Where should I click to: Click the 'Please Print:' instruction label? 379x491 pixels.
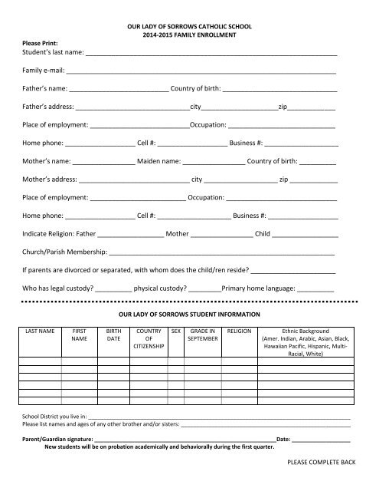click(39, 43)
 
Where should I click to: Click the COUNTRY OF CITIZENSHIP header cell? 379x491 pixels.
click(149, 338)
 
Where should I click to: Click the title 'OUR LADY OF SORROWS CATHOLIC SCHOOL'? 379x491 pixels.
click(188, 27)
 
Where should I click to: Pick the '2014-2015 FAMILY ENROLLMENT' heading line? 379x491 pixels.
click(188, 35)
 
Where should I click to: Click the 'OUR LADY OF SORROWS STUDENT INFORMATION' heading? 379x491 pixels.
click(189, 315)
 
